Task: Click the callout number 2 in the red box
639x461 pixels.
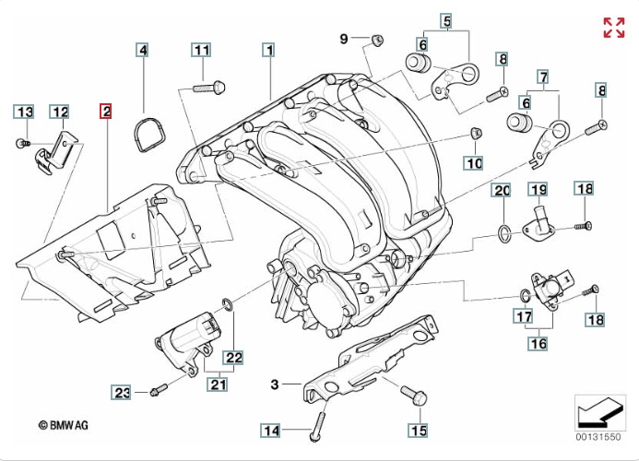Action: point(107,112)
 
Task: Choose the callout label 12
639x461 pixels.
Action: point(60,112)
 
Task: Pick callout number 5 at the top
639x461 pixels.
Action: point(446,20)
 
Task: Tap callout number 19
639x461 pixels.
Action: point(538,190)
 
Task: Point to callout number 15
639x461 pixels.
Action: point(419,430)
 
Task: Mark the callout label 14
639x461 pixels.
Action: point(270,430)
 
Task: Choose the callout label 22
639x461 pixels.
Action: point(234,357)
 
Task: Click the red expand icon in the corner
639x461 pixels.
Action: point(614,27)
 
